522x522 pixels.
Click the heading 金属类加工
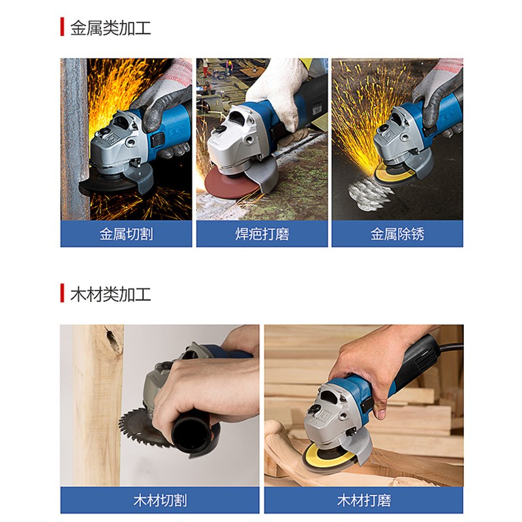[110, 27]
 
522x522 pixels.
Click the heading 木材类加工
[110, 294]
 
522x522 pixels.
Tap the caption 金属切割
[126, 234]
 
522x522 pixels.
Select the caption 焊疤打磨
[262, 234]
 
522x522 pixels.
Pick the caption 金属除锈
[397, 234]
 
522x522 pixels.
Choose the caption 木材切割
[160, 500]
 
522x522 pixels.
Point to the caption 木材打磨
[364, 500]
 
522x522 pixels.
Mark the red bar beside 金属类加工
[62, 27]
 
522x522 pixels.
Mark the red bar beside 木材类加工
[62, 293]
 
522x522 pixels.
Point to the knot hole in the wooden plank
[113, 339]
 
